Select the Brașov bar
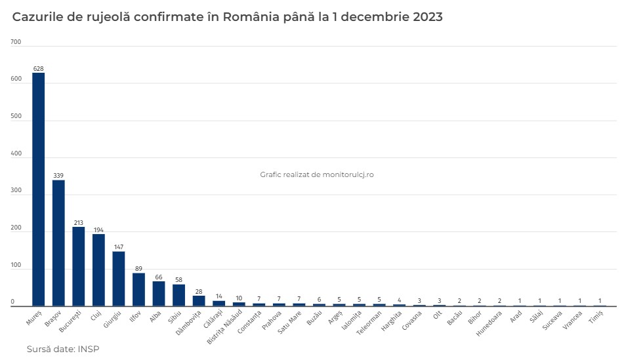click(x=58, y=243)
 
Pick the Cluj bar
click(x=98, y=270)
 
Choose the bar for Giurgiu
click(x=119, y=279)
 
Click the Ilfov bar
click(x=138, y=289)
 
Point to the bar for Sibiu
click(x=178, y=295)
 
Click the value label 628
click(x=39, y=68)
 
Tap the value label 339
click(x=58, y=176)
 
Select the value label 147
click(x=119, y=247)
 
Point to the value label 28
click(x=198, y=292)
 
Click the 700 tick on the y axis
click(x=16, y=42)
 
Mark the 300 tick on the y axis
click(x=16, y=191)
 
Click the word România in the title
click(x=253, y=17)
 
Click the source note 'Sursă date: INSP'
click(x=63, y=349)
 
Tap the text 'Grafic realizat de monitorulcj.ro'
click(x=317, y=174)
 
